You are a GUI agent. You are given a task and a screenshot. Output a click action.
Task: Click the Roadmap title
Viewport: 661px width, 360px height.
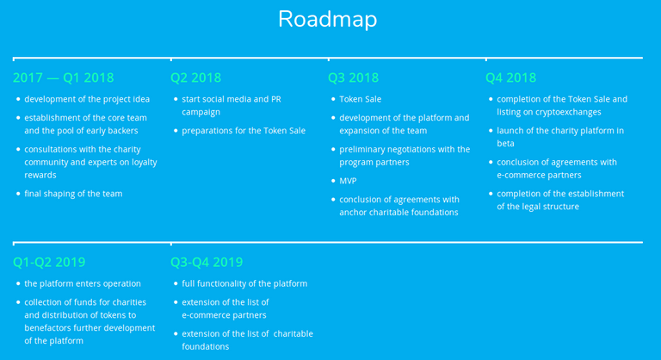pos(328,20)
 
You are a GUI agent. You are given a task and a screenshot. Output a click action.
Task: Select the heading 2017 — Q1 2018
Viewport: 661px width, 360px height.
pos(63,78)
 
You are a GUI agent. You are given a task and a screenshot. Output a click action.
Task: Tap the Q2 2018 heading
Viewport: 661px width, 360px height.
pos(195,78)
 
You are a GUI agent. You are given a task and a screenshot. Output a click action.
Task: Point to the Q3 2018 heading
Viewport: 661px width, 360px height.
pos(353,78)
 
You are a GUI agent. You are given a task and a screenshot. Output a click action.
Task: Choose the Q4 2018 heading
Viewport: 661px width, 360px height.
pos(511,78)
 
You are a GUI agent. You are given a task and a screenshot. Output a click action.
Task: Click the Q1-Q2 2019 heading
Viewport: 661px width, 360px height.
pos(49,262)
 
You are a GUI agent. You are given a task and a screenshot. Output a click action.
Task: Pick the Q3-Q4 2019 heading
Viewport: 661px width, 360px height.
pos(207,262)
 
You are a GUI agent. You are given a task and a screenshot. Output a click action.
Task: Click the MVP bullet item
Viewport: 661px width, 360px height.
pos(348,181)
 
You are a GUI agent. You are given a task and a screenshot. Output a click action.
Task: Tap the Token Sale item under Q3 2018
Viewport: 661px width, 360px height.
pos(360,99)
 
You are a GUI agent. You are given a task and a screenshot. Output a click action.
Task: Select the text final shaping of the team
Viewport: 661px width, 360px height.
pos(73,194)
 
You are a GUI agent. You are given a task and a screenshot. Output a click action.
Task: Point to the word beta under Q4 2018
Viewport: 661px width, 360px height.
pos(505,144)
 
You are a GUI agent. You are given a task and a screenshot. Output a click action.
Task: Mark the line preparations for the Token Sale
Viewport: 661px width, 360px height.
pos(244,131)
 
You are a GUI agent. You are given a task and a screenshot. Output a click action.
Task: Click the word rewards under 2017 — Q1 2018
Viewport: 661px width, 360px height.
pos(40,175)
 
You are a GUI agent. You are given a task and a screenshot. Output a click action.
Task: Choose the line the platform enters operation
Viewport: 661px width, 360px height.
pos(83,283)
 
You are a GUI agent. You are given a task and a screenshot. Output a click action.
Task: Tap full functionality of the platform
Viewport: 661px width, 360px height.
pos(244,283)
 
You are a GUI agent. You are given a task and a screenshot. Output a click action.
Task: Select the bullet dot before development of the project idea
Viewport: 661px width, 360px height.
pos(18,99)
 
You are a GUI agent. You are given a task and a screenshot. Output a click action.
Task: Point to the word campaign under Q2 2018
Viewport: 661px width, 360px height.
pos(201,113)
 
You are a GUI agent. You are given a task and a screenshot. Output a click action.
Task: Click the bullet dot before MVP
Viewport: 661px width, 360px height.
pos(333,181)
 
